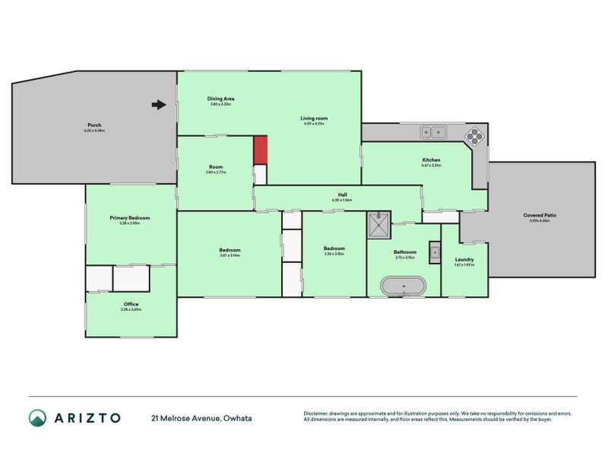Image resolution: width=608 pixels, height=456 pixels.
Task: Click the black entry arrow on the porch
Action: [158, 105]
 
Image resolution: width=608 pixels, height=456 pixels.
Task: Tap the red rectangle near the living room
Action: [261, 149]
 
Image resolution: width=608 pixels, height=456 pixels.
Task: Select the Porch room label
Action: [94, 125]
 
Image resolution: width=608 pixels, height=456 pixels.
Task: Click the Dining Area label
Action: [220, 99]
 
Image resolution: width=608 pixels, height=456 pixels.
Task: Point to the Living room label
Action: [314, 118]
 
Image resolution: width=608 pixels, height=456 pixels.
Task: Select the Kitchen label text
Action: [432, 160]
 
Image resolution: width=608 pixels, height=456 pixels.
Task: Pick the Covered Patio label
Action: [540, 215]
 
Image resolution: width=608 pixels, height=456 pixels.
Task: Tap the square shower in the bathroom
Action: [378, 225]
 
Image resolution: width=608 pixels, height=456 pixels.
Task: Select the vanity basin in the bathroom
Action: [435, 252]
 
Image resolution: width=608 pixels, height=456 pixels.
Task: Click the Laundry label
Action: [464, 259]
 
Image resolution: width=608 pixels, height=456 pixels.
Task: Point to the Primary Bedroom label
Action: [130, 218]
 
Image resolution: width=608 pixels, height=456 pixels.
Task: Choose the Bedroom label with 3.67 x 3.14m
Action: [230, 250]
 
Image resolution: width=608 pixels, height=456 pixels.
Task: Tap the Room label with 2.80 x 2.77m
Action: [216, 167]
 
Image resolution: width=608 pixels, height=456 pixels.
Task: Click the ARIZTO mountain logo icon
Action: [37, 417]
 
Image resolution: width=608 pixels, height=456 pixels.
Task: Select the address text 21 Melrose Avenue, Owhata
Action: [201, 418]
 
